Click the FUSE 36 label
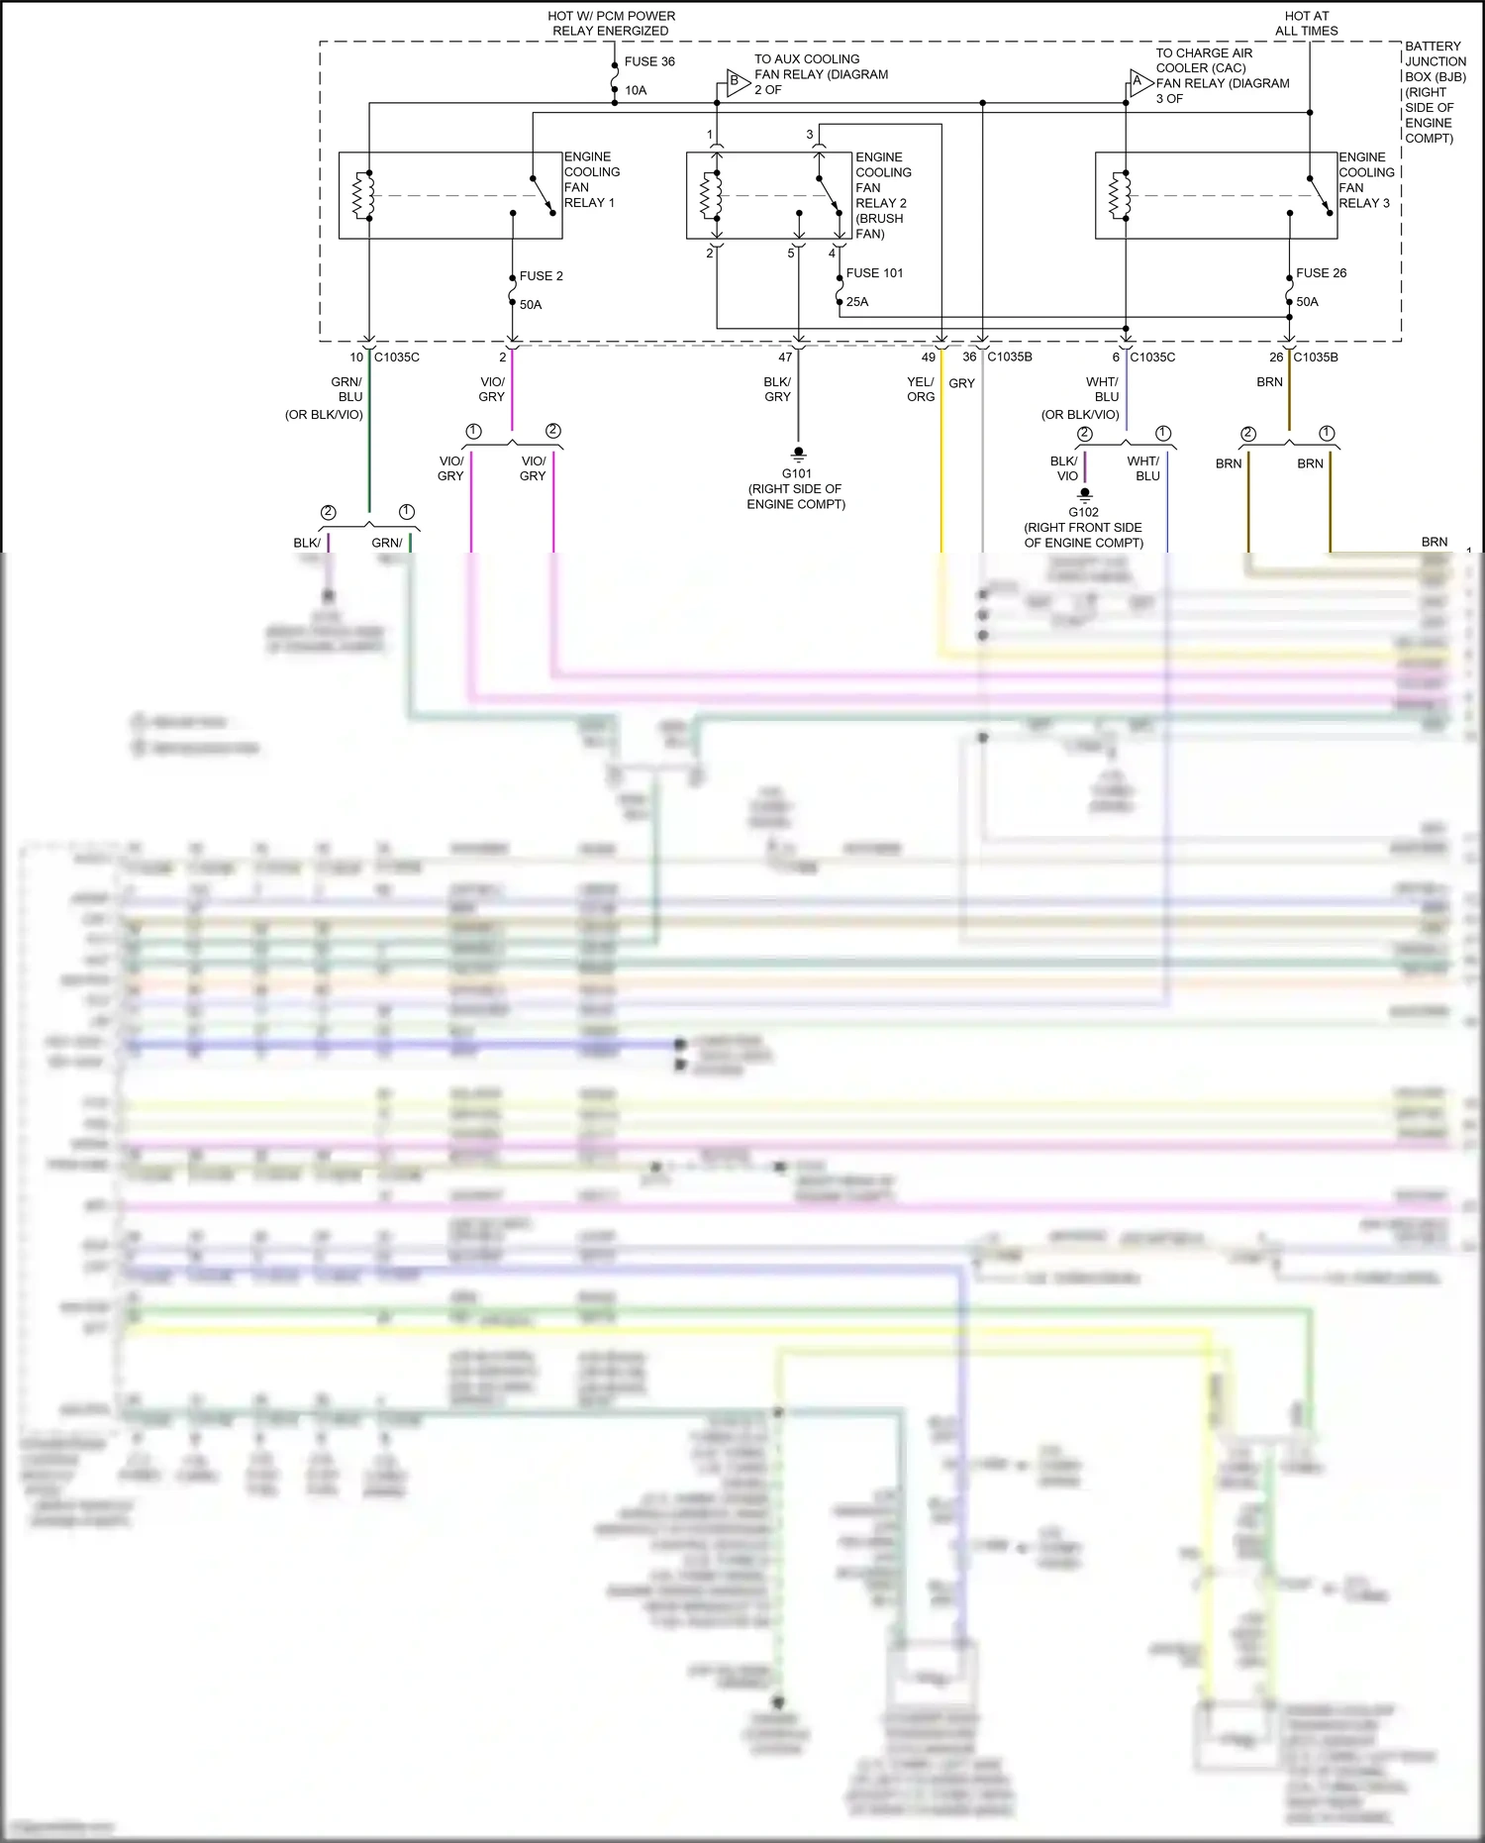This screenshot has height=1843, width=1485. [648, 61]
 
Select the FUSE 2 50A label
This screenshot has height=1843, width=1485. [541, 276]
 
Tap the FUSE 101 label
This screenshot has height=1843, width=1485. [874, 273]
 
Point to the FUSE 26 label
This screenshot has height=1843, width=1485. [1321, 273]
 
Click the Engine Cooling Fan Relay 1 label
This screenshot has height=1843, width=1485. [591, 179]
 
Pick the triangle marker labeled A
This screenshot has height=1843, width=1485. [1139, 82]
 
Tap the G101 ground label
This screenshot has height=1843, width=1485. [797, 473]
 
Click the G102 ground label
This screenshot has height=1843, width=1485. [1083, 512]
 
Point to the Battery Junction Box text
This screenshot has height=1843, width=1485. [1435, 92]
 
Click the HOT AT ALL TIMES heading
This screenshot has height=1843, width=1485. [1306, 24]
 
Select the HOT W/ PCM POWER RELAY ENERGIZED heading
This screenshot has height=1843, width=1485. [611, 24]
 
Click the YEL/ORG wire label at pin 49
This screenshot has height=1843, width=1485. [920, 389]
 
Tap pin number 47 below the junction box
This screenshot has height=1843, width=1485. [785, 358]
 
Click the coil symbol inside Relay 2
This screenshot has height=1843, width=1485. [710, 195]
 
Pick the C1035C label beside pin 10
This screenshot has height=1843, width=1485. [396, 358]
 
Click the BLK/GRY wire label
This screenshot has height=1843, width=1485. [777, 389]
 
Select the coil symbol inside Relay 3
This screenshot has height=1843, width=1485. [1119, 195]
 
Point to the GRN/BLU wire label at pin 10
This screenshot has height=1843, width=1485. [347, 389]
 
